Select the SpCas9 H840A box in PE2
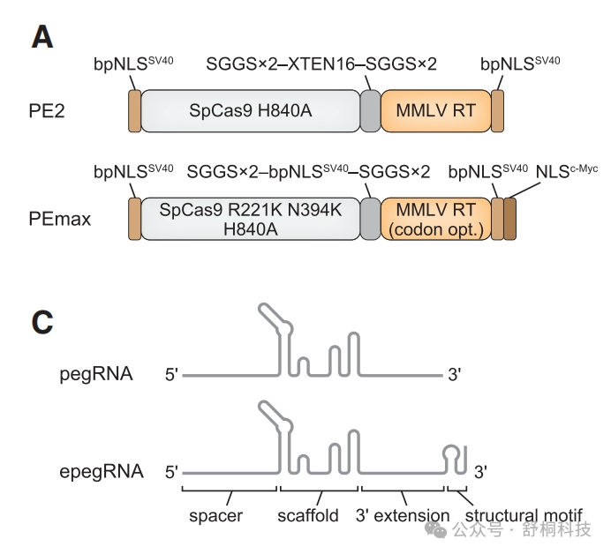(251, 110)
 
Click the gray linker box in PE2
(370, 110)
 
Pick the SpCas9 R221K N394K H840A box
(251, 218)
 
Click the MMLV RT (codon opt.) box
(435, 218)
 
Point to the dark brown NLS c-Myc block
(509, 218)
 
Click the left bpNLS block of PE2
(134, 110)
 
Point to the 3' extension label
(403, 514)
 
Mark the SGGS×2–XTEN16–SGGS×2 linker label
(321, 64)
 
